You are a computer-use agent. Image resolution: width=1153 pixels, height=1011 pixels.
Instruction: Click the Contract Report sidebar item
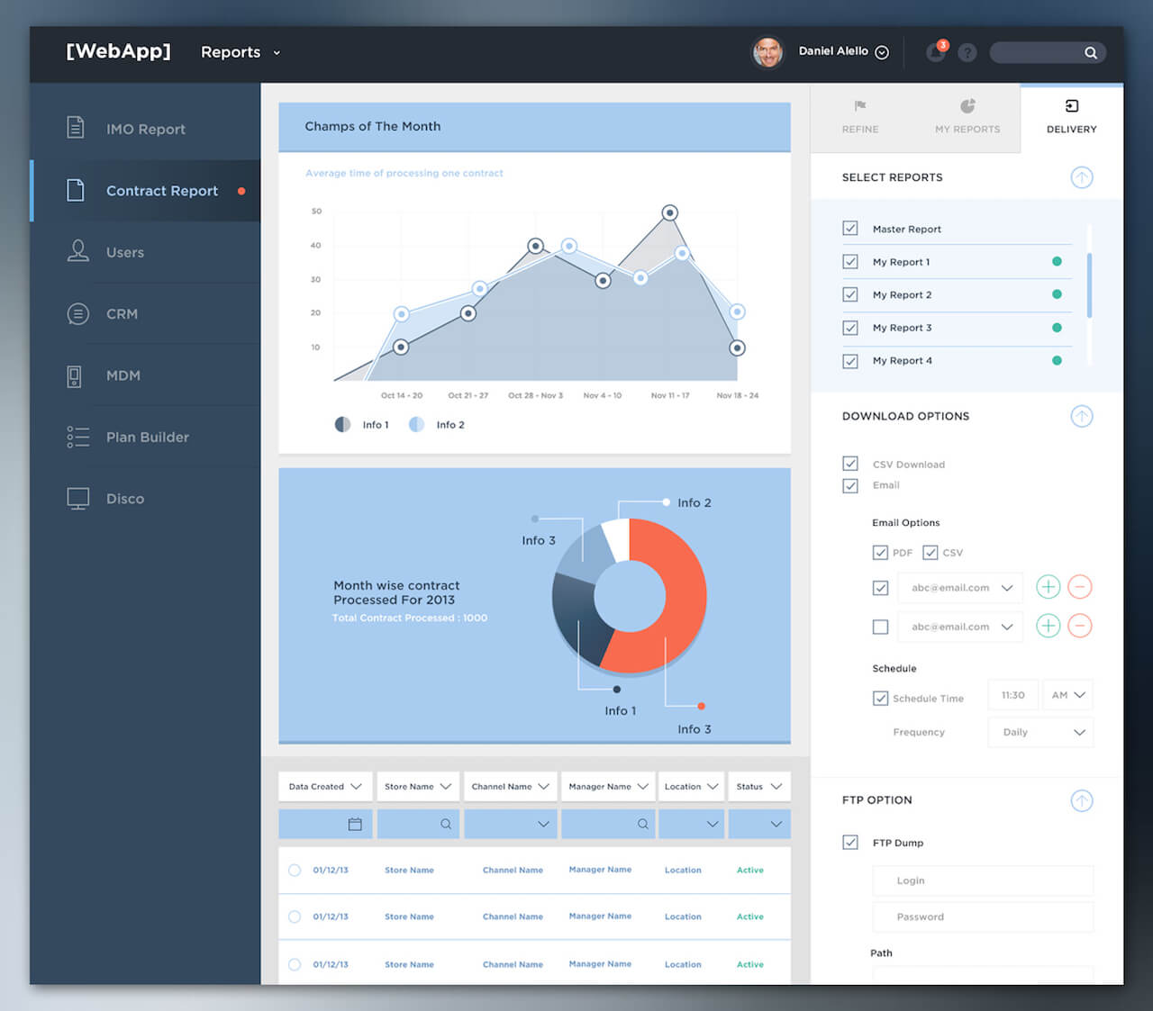pyautogui.click(x=161, y=191)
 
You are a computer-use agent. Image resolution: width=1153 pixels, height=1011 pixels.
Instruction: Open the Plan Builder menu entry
pyautogui.click(x=147, y=438)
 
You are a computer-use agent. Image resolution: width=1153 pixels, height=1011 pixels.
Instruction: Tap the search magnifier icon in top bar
pyautogui.click(x=1090, y=53)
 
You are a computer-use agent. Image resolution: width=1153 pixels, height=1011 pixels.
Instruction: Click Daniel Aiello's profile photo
pyautogui.click(x=767, y=52)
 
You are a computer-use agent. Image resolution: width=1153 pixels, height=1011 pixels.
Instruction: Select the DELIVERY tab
pyautogui.click(x=1071, y=117)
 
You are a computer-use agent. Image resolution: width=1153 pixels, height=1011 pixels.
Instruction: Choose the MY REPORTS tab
pyautogui.click(x=967, y=117)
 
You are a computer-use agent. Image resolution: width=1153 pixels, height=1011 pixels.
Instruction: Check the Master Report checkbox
pyautogui.click(x=850, y=229)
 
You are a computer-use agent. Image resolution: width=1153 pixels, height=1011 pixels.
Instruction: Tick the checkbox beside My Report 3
pyautogui.click(x=850, y=328)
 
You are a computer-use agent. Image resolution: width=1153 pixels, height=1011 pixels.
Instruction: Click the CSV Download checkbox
pyautogui.click(x=850, y=464)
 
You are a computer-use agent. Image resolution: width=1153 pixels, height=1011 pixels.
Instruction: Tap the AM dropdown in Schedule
pyautogui.click(x=1068, y=695)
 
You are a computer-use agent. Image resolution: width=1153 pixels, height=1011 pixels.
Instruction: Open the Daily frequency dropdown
pyautogui.click(x=1041, y=732)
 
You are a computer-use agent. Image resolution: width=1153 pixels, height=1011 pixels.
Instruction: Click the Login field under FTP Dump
pyautogui.click(x=983, y=880)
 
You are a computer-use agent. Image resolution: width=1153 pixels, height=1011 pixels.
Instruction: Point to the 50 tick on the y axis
pyautogui.click(x=316, y=212)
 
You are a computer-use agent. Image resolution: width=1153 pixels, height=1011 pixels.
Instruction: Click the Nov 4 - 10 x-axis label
pyautogui.click(x=602, y=395)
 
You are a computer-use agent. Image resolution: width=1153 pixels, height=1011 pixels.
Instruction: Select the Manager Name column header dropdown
pyautogui.click(x=608, y=787)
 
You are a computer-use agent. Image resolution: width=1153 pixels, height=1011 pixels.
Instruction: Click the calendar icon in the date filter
pyautogui.click(x=355, y=824)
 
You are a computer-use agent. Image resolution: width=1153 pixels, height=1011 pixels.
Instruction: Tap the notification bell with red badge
pyautogui.click(x=936, y=52)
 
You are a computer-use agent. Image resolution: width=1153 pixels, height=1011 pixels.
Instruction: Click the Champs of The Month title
pyautogui.click(x=373, y=127)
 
